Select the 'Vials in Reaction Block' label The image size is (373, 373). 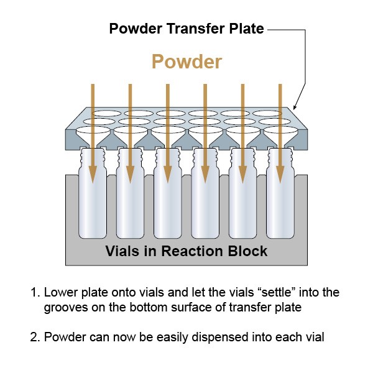pyautogui.click(x=186, y=251)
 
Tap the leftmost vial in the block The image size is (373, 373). pyautogui.click(x=93, y=205)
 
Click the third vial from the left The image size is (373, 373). pyautogui.click(x=168, y=205)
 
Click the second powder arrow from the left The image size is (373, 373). pyautogui.click(x=130, y=124)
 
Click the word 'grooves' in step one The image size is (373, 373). pyautogui.click(x=64, y=307)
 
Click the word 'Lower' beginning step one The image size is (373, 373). pyautogui.click(x=58, y=292)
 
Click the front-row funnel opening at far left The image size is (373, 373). pyautogui.click(x=93, y=132)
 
